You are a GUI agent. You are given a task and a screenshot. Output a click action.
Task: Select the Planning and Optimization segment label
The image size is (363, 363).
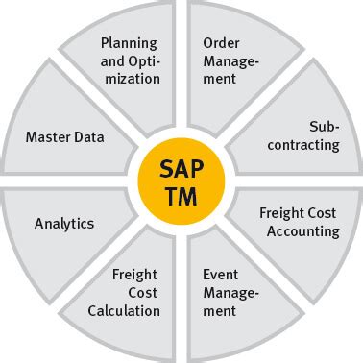coord(130,60)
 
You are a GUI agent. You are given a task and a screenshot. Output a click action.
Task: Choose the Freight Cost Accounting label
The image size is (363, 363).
coord(300,223)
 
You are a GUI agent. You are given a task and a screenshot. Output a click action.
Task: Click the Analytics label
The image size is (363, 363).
coord(64,223)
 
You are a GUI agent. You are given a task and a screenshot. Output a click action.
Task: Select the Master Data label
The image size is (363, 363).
coord(64,136)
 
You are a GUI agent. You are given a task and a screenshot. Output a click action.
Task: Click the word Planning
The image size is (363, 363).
coord(130,43)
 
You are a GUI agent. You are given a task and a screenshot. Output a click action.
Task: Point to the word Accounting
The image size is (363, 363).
coord(304,231)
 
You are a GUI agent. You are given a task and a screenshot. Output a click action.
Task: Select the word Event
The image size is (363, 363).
coord(221,276)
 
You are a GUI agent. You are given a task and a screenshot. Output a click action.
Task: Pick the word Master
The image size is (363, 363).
coord(47,136)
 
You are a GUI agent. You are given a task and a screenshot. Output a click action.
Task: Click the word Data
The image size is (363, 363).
coord(87,136)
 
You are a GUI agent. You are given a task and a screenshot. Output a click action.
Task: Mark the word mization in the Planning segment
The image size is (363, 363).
coord(130,78)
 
